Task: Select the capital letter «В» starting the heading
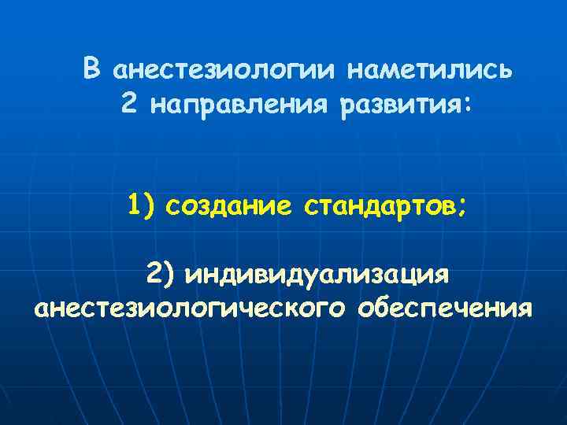92,69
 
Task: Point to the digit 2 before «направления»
130,103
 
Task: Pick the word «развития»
401,105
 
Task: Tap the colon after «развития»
470,105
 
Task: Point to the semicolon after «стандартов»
461,209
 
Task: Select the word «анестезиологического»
189,309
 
